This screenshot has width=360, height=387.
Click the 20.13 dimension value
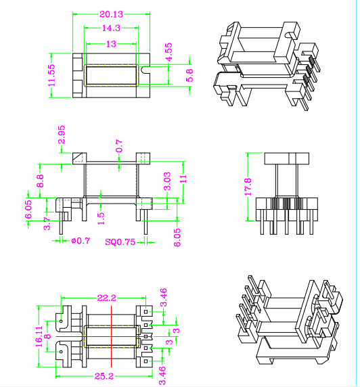point(111,14)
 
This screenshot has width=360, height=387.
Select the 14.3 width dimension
point(111,28)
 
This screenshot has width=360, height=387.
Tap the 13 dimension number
point(111,44)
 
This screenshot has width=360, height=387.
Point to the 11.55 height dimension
point(52,76)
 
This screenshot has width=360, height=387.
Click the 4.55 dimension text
point(169,52)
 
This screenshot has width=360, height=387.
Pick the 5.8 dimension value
point(189,75)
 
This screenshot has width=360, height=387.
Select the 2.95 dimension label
point(62,135)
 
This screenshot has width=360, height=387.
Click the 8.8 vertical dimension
point(40,181)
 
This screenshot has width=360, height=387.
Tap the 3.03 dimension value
point(167,181)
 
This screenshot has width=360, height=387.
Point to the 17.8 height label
point(248,187)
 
